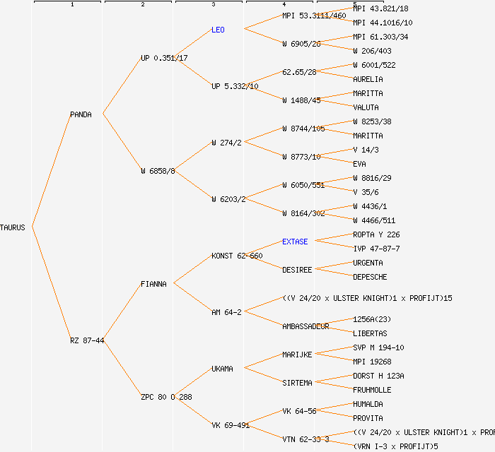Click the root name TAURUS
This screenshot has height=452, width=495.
click(13, 227)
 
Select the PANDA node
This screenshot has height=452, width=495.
click(81, 114)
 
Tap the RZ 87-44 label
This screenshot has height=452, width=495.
click(87, 340)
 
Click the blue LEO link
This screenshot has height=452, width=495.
click(218, 30)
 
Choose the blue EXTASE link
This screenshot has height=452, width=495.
click(295, 242)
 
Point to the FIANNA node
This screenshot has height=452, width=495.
click(153, 284)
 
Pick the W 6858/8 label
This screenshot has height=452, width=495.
click(158, 171)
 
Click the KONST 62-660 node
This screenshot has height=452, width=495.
click(237, 256)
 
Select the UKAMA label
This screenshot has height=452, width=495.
click(223, 369)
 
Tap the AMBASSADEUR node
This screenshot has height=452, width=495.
click(305, 326)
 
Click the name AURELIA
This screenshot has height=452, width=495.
click(368, 79)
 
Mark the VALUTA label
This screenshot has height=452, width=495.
click(366, 107)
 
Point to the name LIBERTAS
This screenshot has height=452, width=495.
click(370, 333)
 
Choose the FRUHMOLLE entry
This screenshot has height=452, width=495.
click(372, 390)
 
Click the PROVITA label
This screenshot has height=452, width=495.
click(368, 418)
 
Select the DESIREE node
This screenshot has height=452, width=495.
click(297, 270)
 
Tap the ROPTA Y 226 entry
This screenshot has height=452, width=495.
click(376, 234)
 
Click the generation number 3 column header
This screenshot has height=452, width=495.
click(214, 5)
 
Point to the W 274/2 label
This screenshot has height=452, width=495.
click(226, 143)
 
